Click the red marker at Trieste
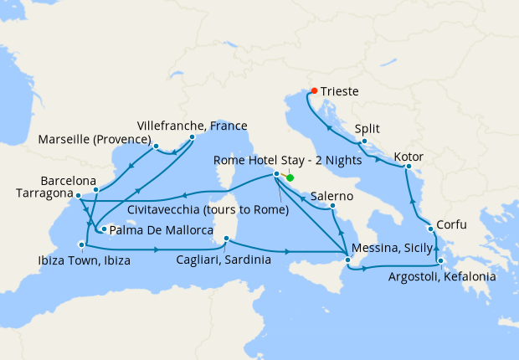coord(314,90)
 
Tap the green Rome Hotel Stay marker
coord(290,177)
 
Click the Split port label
coord(367,129)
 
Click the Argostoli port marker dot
coord(440,261)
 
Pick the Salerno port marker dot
coord(332,205)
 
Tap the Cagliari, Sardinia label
coord(224,260)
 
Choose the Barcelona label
coord(68,180)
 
